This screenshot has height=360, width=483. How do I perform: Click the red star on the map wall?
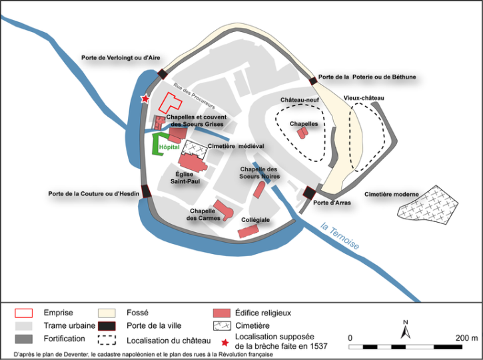(x=144, y=99)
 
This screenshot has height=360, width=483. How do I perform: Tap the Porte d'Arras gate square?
(x=309, y=193)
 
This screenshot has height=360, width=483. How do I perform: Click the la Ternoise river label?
(x=339, y=236)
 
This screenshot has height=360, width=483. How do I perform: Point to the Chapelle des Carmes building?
(x=223, y=210)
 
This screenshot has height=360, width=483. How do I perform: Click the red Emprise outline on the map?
(x=171, y=103)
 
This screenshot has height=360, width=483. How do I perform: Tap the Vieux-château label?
(x=364, y=98)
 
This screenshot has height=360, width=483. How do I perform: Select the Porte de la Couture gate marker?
(x=146, y=192)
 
